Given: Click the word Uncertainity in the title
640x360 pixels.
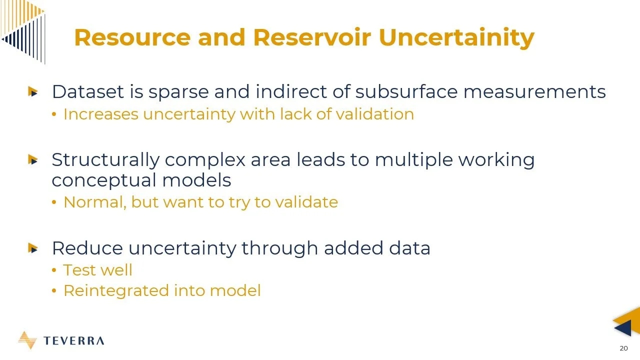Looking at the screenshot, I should click(456, 38).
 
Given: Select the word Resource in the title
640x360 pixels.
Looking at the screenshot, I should click(132, 38).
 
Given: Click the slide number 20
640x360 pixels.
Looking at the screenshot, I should click(623, 348).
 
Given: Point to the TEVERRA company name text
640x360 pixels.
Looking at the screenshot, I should click(74, 341).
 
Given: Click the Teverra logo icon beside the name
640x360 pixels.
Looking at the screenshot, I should click(27, 340).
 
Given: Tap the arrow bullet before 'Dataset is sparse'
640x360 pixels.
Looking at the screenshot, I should click(33, 92).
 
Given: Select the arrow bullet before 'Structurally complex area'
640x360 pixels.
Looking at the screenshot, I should click(33, 160).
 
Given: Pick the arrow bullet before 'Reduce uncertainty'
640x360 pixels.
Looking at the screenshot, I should click(33, 248).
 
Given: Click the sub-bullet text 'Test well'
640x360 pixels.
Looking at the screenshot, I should click(97, 270).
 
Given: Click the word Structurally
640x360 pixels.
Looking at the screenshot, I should click(104, 160).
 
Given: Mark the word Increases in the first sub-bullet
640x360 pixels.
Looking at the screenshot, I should click(100, 114).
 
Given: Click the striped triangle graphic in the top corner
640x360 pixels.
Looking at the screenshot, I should click(22, 27).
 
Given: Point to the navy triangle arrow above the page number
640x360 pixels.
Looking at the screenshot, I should click(623, 328).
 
